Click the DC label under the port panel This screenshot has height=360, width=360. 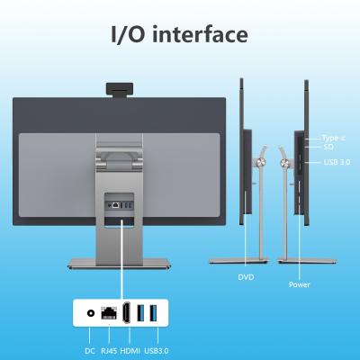click(x=90, y=351)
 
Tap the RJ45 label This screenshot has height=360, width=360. click(x=109, y=351)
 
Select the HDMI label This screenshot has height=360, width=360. click(x=130, y=351)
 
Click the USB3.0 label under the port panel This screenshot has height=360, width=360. click(x=157, y=351)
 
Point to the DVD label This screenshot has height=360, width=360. click(x=246, y=277)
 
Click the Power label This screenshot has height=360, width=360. click(x=299, y=284)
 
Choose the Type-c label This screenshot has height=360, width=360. click(x=333, y=139)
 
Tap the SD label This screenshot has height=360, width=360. click(x=328, y=147)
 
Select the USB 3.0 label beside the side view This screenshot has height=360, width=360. click(x=337, y=162)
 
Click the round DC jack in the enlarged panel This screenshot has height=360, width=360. click(x=90, y=313)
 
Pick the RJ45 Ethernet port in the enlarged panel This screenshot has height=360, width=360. click(x=109, y=313)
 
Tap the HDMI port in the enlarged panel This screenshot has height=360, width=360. click(x=126, y=313)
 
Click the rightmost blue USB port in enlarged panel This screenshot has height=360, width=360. click(x=153, y=313)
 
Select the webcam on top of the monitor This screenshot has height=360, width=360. click(x=120, y=90)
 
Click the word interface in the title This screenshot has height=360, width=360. click(x=200, y=34)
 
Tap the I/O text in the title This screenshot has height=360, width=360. click(x=129, y=34)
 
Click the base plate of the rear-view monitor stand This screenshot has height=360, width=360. click(x=120, y=264)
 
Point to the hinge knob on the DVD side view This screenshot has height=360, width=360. click(x=261, y=162)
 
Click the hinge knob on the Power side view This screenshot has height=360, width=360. click(x=284, y=163)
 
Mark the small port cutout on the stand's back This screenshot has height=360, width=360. click(x=119, y=205)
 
